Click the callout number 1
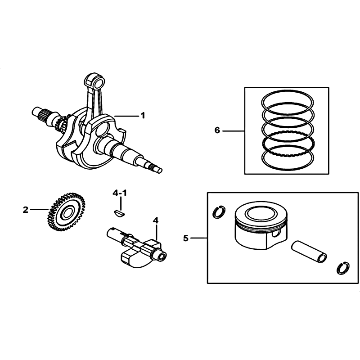[143, 116]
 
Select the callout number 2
[25, 210]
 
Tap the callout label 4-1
[119, 193]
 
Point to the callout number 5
[185, 238]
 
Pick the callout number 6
[217, 130]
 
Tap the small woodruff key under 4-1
[119, 213]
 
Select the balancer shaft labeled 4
[137, 247]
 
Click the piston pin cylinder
[309, 252]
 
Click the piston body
[261, 225]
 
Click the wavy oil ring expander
[288, 145]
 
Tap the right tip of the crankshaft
[160, 170]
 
